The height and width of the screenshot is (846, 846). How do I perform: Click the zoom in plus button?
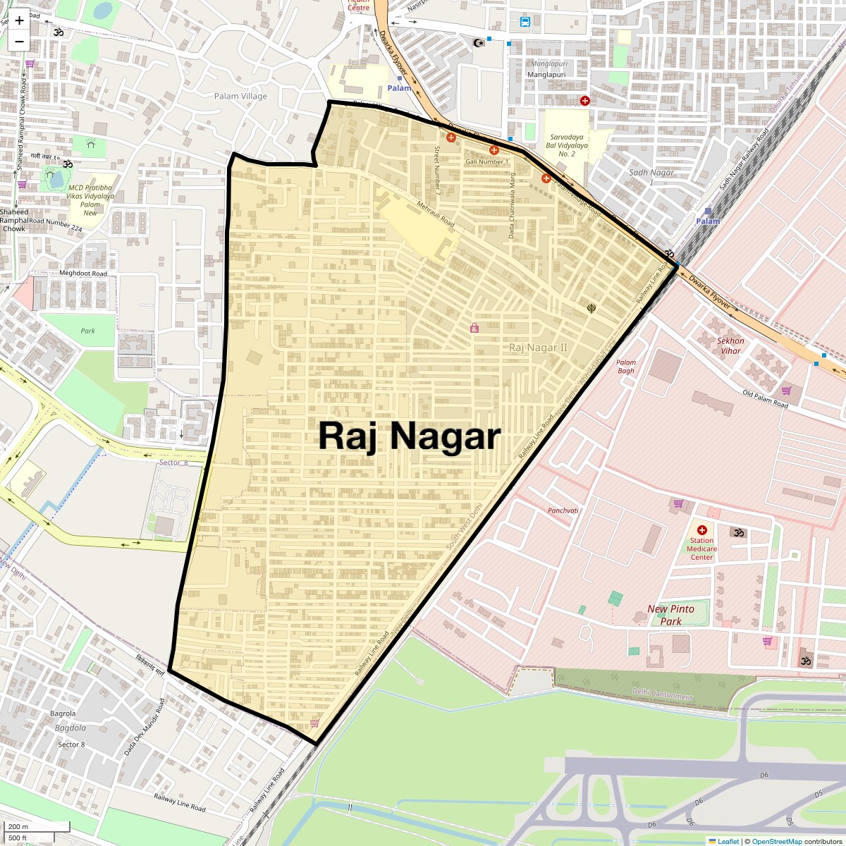(19, 21)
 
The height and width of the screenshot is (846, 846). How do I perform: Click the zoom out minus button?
(19, 41)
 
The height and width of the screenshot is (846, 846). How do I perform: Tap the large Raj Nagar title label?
(409, 436)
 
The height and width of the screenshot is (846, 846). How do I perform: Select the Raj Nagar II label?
(538, 348)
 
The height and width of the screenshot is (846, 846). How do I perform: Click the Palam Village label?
(240, 96)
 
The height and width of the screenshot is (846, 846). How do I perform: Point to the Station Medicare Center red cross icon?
(701, 530)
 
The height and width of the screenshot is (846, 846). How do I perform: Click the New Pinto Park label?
(670, 615)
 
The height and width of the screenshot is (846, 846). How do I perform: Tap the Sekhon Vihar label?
(730, 345)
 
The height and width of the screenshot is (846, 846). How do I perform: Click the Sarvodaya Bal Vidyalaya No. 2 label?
(567, 145)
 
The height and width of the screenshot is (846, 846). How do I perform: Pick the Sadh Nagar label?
(652, 173)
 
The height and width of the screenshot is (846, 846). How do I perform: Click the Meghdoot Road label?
(83, 274)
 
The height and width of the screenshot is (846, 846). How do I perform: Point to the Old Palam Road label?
(765, 399)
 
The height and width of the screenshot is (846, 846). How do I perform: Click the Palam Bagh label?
(625, 367)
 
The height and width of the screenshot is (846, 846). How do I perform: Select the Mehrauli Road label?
(436, 214)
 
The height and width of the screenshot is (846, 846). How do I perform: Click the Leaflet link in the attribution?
(728, 841)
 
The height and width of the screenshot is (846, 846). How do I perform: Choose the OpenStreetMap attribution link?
(777, 841)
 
